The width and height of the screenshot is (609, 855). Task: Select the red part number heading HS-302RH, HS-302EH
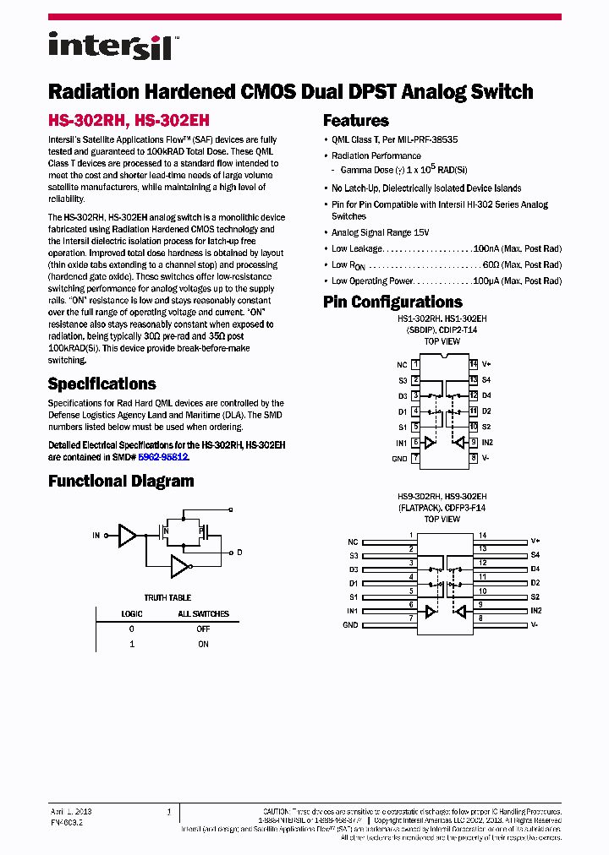pyautogui.click(x=129, y=121)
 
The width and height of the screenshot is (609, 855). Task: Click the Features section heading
pyautogui.click(x=356, y=121)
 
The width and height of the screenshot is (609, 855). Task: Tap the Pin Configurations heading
pyautogui.click(x=392, y=302)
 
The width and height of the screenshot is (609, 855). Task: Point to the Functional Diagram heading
pyautogui.click(x=121, y=482)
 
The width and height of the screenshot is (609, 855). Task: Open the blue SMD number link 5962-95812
pyautogui.click(x=163, y=456)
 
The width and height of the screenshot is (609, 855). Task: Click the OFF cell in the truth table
pyautogui.click(x=203, y=629)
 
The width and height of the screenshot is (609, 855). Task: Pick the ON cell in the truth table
pyautogui.click(x=203, y=644)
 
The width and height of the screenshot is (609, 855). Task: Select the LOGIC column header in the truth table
pyautogui.click(x=131, y=614)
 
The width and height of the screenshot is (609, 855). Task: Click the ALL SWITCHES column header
pyautogui.click(x=203, y=614)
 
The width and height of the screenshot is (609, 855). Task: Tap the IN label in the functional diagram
pyautogui.click(x=96, y=536)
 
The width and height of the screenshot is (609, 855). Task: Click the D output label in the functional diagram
pyautogui.click(x=239, y=553)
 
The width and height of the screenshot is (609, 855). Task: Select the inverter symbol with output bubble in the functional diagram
pyautogui.click(x=180, y=565)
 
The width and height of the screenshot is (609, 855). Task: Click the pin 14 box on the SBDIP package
pyautogui.click(x=474, y=364)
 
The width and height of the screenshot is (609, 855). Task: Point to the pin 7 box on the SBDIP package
pyautogui.click(x=415, y=458)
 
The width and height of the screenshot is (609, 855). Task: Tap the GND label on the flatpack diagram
pyautogui.click(x=350, y=625)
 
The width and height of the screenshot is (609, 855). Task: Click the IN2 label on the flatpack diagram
pyautogui.click(x=535, y=610)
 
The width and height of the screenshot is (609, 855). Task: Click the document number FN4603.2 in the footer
pyautogui.click(x=66, y=820)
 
